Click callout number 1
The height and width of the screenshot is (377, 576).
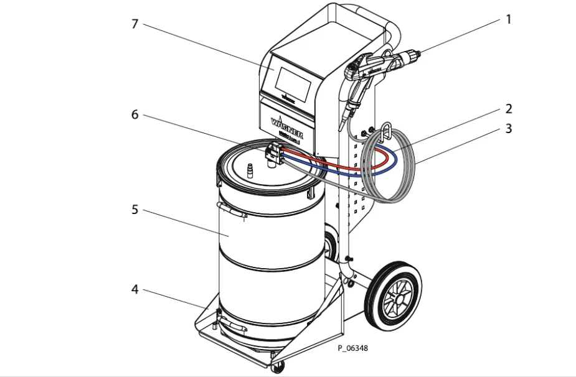508,19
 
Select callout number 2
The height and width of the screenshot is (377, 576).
508,109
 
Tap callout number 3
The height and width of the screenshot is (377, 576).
508,129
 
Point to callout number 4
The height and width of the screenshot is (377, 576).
135,290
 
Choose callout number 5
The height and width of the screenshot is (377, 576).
135,210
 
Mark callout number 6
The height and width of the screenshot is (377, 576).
135,115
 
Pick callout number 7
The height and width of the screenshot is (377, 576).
135,24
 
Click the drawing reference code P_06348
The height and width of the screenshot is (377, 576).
353,348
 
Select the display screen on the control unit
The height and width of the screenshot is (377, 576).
292,81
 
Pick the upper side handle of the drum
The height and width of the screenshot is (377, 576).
232,212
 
